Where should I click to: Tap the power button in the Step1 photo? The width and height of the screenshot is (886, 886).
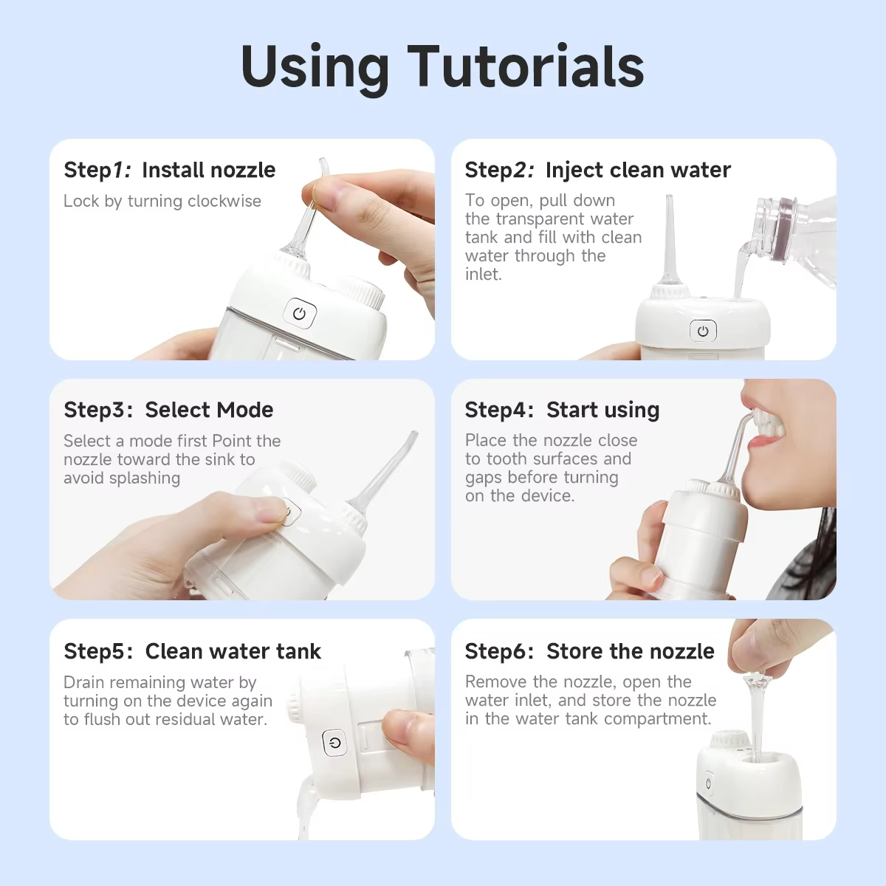299,314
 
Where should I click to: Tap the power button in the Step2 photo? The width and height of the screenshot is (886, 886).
703,331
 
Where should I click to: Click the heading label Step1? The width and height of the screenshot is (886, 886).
97,171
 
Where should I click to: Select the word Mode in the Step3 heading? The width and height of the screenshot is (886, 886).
245,410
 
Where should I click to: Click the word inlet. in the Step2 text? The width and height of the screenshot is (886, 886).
483,275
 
